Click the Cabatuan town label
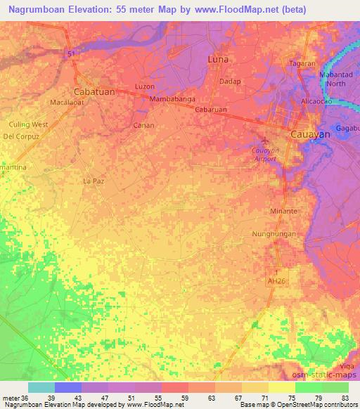click(x=94, y=91)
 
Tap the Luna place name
click(x=219, y=60)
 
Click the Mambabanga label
click(x=172, y=100)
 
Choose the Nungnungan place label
click(x=274, y=233)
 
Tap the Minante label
click(x=285, y=211)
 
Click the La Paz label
click(x=94, y=181)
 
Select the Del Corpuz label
click(x=20, y=135)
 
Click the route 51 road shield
click(x=72, y=53)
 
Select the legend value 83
click(x=345, y=397)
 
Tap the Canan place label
click(x=143, y=125)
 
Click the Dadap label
click(x=230, y=82)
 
